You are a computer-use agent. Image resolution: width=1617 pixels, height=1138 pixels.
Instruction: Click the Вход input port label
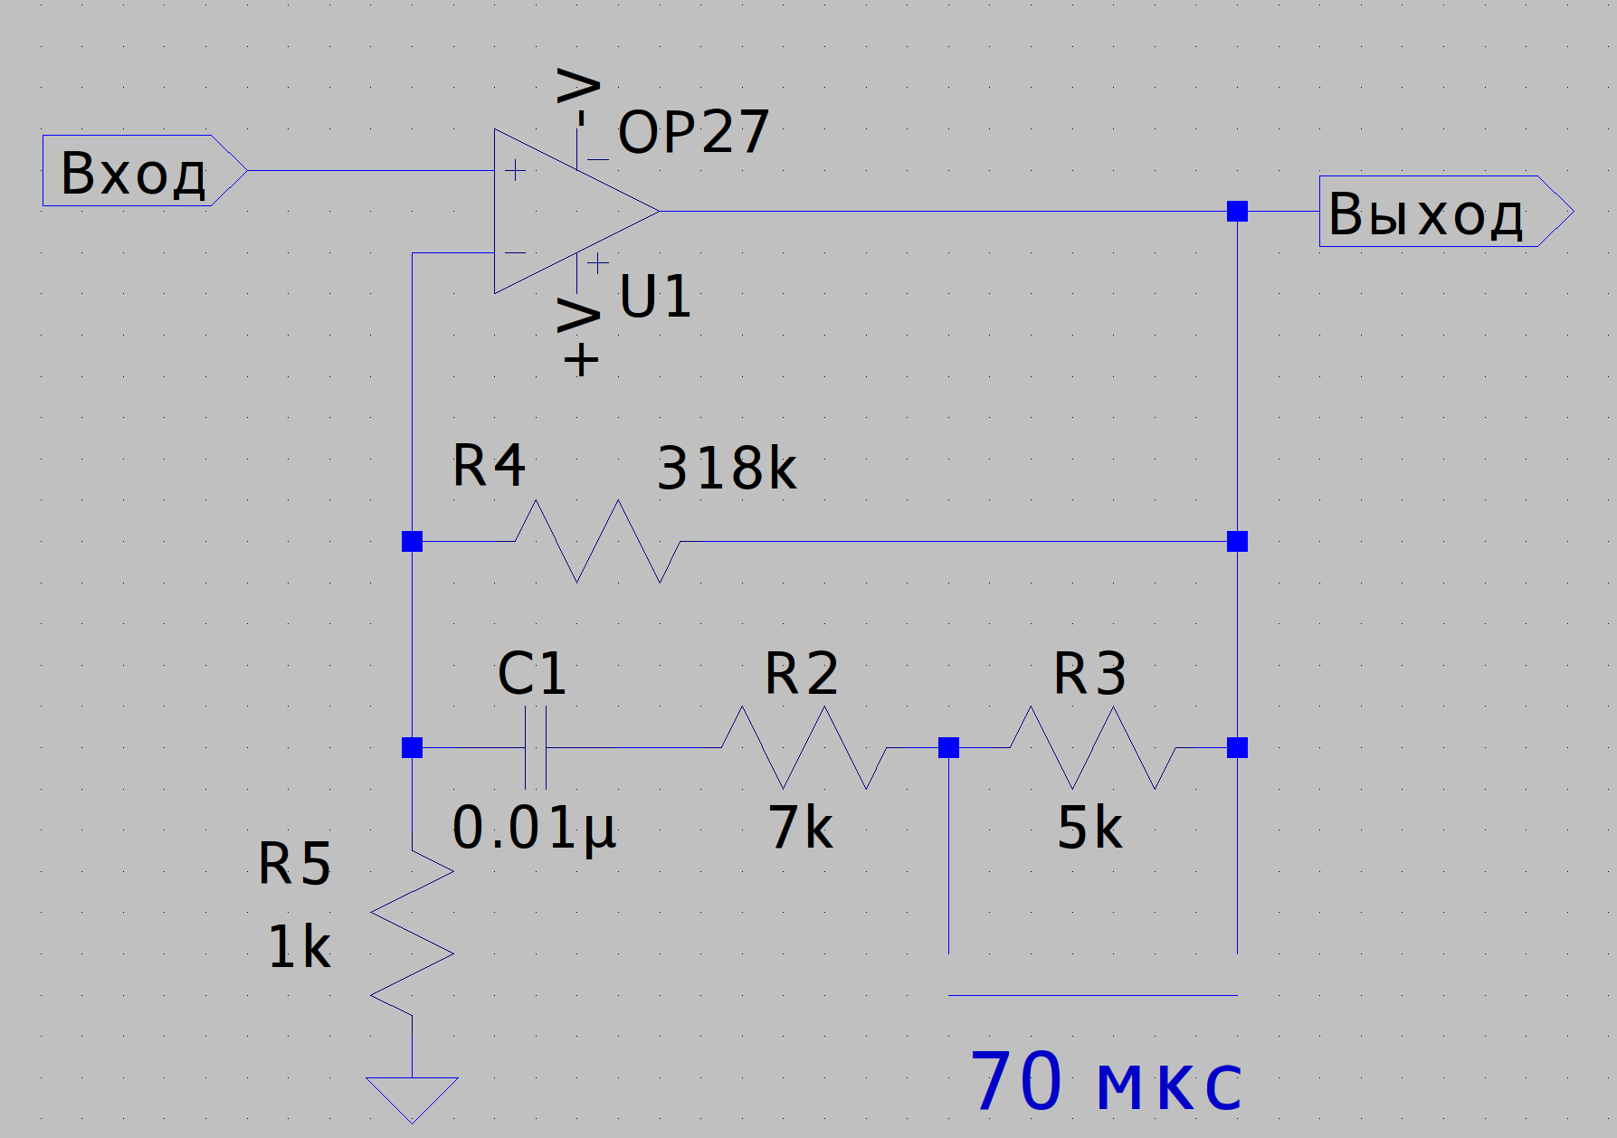(x=134, y=172)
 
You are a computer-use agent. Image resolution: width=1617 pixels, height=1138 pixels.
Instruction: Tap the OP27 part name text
(x=693, y=133)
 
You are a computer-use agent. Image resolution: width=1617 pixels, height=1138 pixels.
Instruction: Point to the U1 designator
(x=655, y=297)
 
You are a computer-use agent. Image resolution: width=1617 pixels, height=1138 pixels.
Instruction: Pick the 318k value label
(x=727, y=469)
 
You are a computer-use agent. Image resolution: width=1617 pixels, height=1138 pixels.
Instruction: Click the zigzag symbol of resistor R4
(x=597, y=541)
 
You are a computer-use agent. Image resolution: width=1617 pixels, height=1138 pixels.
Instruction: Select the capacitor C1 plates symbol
(x=536, y=747)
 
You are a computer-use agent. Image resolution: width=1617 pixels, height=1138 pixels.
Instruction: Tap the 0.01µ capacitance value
(x=534, y=828)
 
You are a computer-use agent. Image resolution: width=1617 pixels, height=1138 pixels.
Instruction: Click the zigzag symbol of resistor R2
(x=804, y=747)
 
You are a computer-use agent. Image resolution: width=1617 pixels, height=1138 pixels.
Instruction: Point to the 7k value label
(x=801, y=828)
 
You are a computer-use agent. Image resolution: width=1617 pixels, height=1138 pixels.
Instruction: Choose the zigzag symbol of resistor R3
(x=1092, y=747)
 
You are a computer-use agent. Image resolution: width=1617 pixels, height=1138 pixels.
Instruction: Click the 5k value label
(x=1089, y=828)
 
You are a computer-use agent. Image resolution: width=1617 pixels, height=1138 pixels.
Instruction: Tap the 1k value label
(x=300, y=948)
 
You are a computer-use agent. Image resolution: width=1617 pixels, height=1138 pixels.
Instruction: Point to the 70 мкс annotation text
(x=1106, y=1082)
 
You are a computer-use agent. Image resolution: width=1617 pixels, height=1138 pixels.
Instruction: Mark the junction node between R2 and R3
(x=948, y=747)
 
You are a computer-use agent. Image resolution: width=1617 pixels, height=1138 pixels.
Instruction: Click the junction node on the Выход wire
(x=1237, y=212)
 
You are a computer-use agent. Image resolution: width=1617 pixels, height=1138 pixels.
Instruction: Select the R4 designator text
(x=489, y=466)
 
